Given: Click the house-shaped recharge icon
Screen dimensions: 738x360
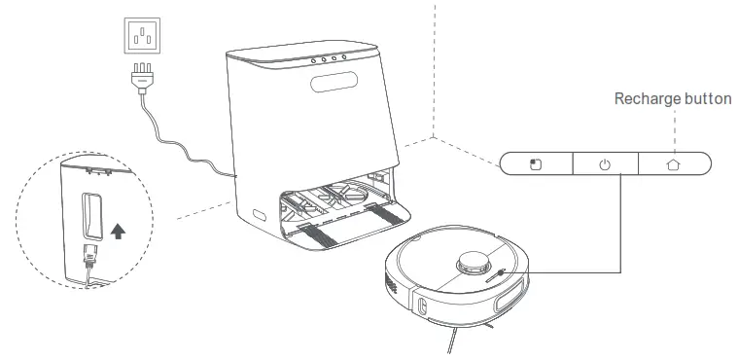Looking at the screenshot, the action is pyautogui.click(x=673, y=164).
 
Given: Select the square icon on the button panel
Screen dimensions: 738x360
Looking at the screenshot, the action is pyautogui.click(x=534, y=164).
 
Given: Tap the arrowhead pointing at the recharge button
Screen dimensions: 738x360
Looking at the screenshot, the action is pyautogui.click(x=673, y=145).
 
